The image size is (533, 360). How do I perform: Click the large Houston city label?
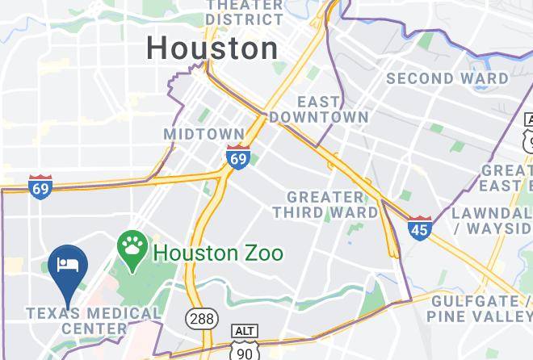click(x=212, y=48)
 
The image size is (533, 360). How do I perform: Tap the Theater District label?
click(x=244, y=11)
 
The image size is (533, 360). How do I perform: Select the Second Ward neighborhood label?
click(x=447, y=78)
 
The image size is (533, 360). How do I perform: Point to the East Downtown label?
click(x=319, y=109)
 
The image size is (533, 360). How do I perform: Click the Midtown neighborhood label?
click(x=204, y=133)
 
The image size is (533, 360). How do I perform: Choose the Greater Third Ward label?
click(x=325, y=204)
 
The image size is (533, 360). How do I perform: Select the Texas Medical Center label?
click(x=93, y=320)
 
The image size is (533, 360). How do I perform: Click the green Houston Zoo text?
click(x=218, y=253)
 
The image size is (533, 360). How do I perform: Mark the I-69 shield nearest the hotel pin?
click(x=40, y=187)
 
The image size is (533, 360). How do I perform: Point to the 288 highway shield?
click(x=201, y=318)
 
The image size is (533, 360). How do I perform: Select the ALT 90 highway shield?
click(x=244, y=343)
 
